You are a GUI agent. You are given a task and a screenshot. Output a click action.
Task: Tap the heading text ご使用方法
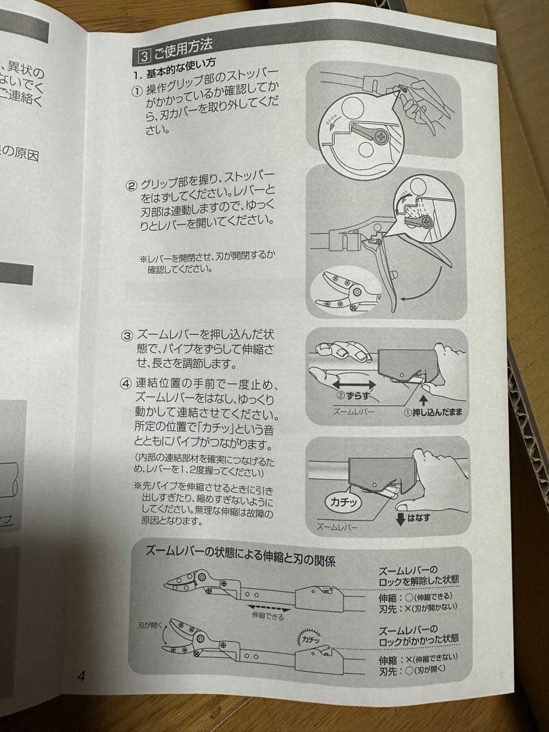pyautogui.click(x=183, y=47)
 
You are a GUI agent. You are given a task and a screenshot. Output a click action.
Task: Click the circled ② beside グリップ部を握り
pyautogui.click(x=131, y=186)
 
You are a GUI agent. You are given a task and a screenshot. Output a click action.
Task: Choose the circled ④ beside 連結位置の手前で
pyautogui.click(x=126, y=384)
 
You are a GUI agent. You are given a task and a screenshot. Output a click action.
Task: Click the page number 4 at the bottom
pyautogui.click(x=80, y=676)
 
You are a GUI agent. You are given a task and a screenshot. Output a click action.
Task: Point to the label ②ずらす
pyautogui.click(x=354, y=394)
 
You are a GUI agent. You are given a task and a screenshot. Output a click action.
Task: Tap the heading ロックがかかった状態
pyautogui.click(x=418, y=638)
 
